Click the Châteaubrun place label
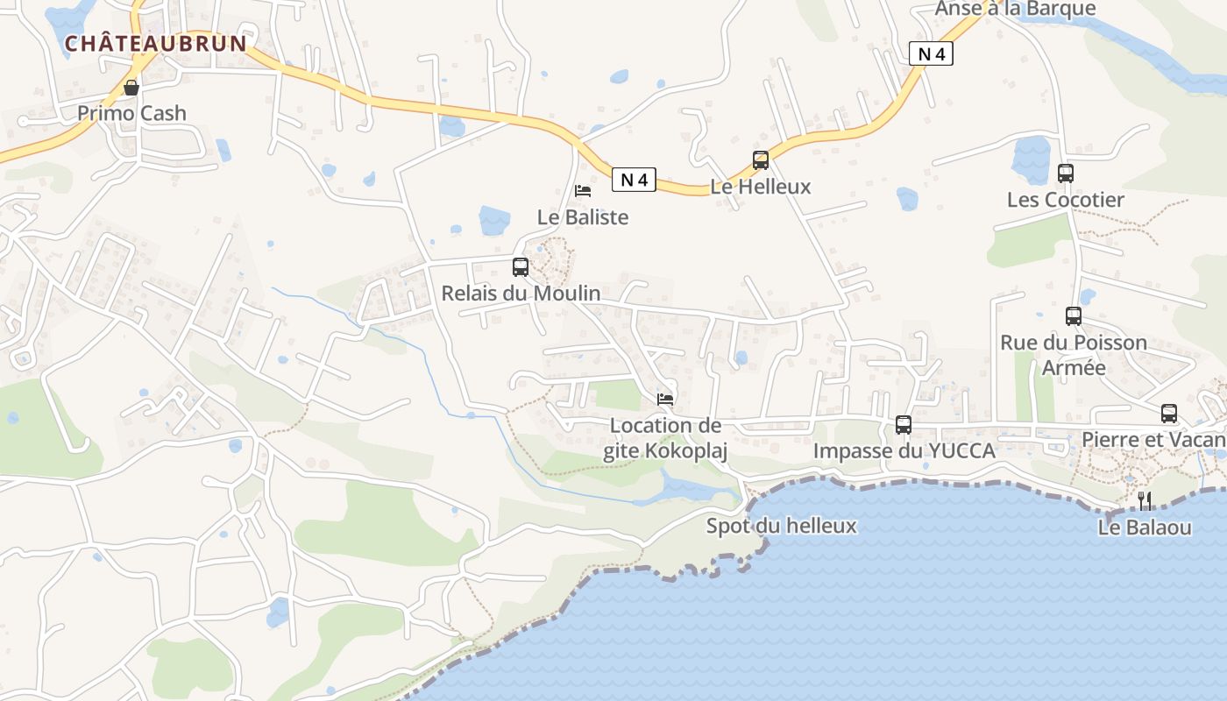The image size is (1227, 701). [155, 43]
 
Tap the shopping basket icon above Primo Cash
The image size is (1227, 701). [131, 88]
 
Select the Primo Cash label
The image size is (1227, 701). [131, 113]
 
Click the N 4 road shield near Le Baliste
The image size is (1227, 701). [634, 180]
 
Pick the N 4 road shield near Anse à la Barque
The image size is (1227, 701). [930, 54]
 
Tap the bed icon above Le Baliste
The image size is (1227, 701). [583, 190]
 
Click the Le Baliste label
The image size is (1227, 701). [583, 216]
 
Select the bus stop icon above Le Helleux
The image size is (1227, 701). [761, 160]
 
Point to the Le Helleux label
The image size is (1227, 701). [761, 187]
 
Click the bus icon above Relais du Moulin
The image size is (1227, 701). [521, 267]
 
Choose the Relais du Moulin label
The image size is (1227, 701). [521, 294]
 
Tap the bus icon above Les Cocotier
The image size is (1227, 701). [1066, 173]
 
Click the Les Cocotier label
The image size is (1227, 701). [1066, 200]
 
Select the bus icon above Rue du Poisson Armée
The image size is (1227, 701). [1074, 316]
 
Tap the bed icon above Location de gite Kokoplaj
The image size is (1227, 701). [665, 400]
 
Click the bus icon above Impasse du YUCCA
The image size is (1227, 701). [904, 425]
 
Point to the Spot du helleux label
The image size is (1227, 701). [782, 526]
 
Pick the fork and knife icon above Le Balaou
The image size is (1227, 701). [1145, 501]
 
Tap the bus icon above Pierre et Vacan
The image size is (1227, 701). [1169, 414]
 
